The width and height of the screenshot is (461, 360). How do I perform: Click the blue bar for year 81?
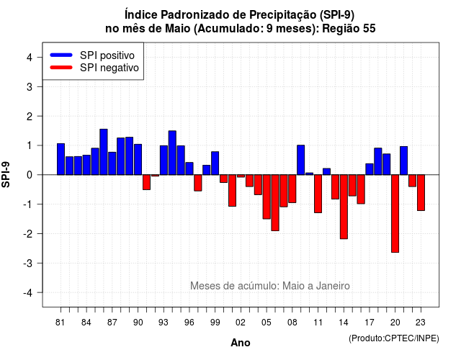click(x=61, y=159)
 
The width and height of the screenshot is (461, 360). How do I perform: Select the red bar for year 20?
click(x=395, y=214)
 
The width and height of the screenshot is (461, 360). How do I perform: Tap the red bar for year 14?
click(x=344, y=207)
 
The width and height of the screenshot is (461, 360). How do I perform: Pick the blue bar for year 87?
click(x=112, y=163)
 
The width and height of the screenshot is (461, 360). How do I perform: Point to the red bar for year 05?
click(x=267, y=197)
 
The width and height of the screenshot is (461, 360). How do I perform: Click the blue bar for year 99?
click(x=215, y=163)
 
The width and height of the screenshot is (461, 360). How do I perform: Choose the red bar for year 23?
click(x=421, y=193)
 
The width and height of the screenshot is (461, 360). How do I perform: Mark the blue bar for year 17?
click(x=370, y=169)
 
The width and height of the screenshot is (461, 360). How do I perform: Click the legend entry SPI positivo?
click(x=107, y=55)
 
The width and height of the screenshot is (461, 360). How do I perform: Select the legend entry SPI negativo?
click(x=109, y=68)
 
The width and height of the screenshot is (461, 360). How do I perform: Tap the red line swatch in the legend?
click(x=61, y=68)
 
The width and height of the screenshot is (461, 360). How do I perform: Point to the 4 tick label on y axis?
click(x=30, y=58)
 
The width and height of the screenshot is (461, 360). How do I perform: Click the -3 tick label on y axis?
click(x=27, y=263)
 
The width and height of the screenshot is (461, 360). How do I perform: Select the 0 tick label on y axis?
click(x=30, y=175)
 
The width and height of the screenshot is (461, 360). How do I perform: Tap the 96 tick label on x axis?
click(x=189, y=323)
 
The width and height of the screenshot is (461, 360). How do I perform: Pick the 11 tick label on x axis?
click(x=318, y=323)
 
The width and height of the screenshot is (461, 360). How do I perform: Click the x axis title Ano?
click(x=241, y=343)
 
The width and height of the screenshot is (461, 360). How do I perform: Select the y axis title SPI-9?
click(x=6, y=174)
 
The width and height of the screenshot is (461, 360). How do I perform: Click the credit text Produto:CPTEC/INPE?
click(x=394, y=338)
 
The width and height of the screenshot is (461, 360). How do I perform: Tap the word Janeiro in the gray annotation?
click(x=333, y=286)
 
